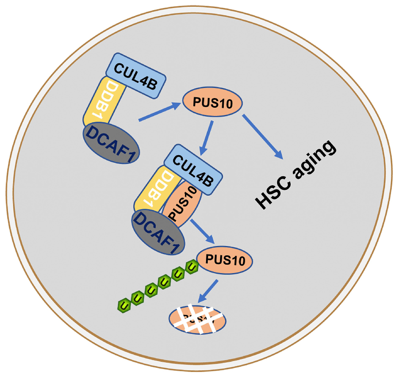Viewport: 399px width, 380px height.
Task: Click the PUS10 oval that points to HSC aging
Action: coord(212,103)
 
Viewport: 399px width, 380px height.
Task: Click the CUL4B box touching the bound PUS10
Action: coord(193,168)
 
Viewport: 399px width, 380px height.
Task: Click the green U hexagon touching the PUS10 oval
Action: coord(192,266)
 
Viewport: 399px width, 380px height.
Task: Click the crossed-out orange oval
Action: coord(198,318)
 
